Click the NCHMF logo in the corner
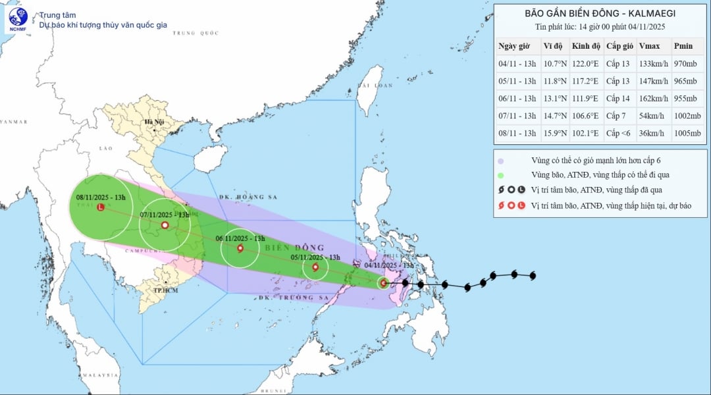click(x=18, y=20)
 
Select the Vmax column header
click(x=650, y=46)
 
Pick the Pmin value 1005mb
click(x=687, y=134)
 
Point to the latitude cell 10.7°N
click(x=556, y=64)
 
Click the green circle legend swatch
click(x=501, y=175)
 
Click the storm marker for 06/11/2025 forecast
click(x=240, y=249)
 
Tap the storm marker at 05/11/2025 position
click(x=316, y=267)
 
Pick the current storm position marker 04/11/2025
click(x=383, y=283)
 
